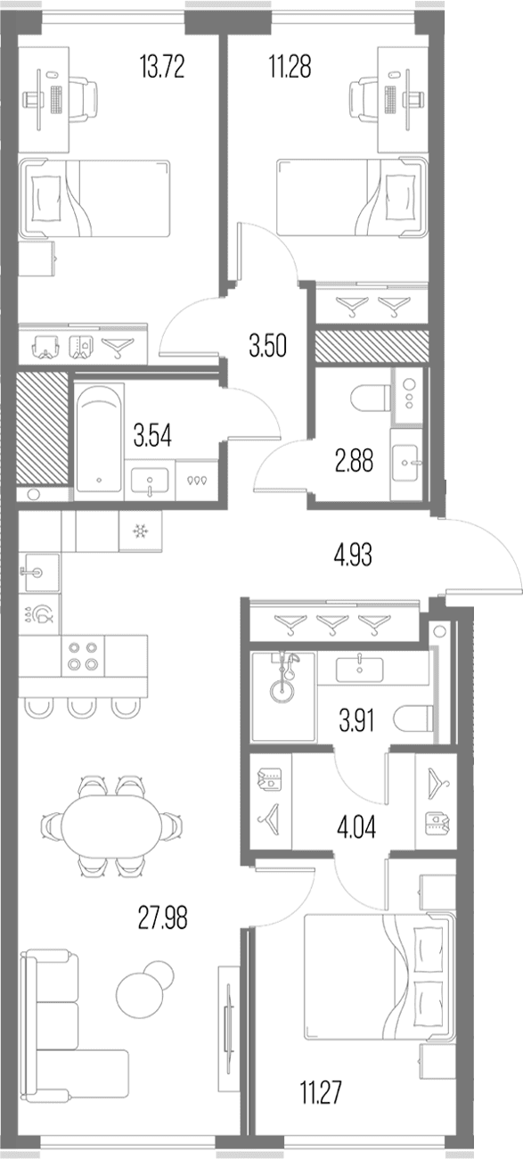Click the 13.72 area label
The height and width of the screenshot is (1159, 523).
162,67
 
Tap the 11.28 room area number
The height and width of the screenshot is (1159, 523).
290,67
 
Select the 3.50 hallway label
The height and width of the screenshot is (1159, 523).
267,346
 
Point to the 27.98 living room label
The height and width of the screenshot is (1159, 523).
163,918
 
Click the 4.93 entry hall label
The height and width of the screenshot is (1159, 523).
354,555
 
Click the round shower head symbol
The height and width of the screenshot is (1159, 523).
281,689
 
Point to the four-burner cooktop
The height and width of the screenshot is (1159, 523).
83,656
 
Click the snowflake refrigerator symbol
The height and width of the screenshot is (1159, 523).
140,530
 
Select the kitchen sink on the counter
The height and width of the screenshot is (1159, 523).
39,572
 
